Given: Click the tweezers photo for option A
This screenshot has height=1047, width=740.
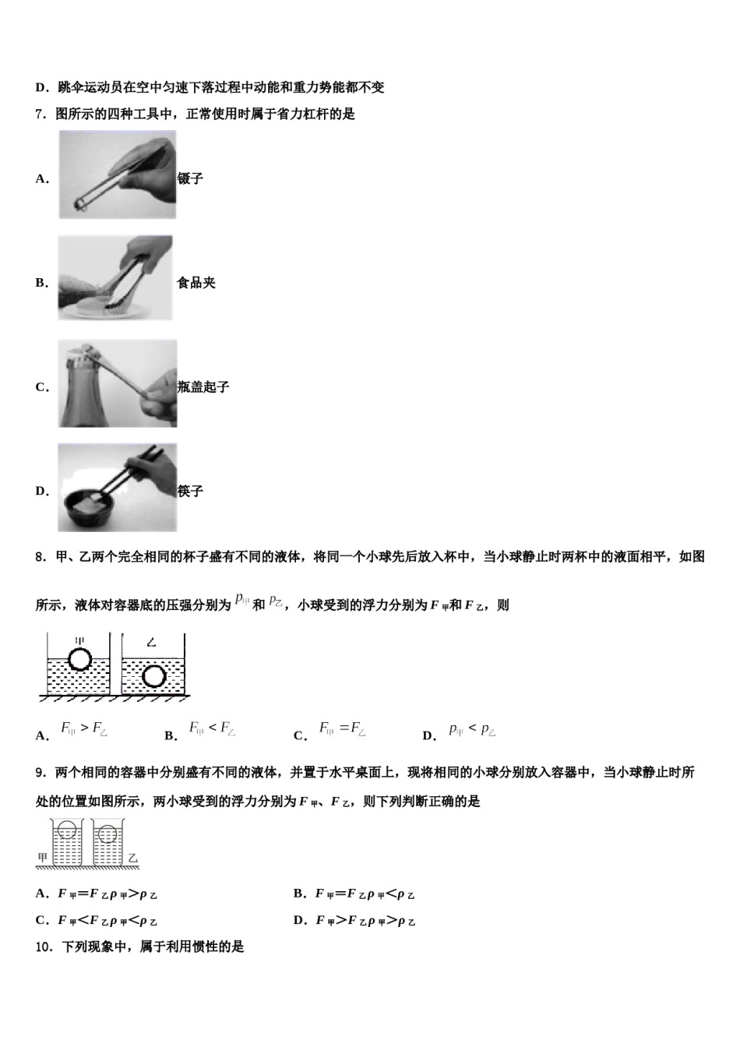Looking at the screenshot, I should click(118, 174).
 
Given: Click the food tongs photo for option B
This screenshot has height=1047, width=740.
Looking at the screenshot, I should click(115, 278).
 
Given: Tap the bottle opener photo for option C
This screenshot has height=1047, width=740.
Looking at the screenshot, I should click(118, 383).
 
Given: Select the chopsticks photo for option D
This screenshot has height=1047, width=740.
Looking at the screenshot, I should click(118, 488).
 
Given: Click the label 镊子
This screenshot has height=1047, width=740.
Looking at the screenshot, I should click(190, 178).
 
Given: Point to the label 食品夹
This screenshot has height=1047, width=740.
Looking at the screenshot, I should click(196, 283).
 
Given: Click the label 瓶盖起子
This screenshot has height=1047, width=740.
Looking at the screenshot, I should click(203, 387).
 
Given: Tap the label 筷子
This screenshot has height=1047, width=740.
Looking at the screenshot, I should click(190, 492).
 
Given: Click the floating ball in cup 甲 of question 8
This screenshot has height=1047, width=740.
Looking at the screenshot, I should click(79, 660).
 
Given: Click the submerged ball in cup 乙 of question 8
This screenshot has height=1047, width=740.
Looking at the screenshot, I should click(154, 676).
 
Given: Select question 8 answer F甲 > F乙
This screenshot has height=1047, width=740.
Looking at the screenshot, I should click(84, 729).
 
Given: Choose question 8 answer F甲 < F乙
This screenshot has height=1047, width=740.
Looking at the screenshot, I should click(212, 729).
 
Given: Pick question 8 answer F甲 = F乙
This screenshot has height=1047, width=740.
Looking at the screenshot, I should click(342, 729).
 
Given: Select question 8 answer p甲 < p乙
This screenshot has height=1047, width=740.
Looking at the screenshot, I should click(472, 730).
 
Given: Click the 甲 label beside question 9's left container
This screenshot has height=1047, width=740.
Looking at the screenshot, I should click(43, 858).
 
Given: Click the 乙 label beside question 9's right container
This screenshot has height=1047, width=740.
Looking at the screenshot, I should click(133, 858).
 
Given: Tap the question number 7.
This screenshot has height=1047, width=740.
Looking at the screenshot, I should click(41, 115).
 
